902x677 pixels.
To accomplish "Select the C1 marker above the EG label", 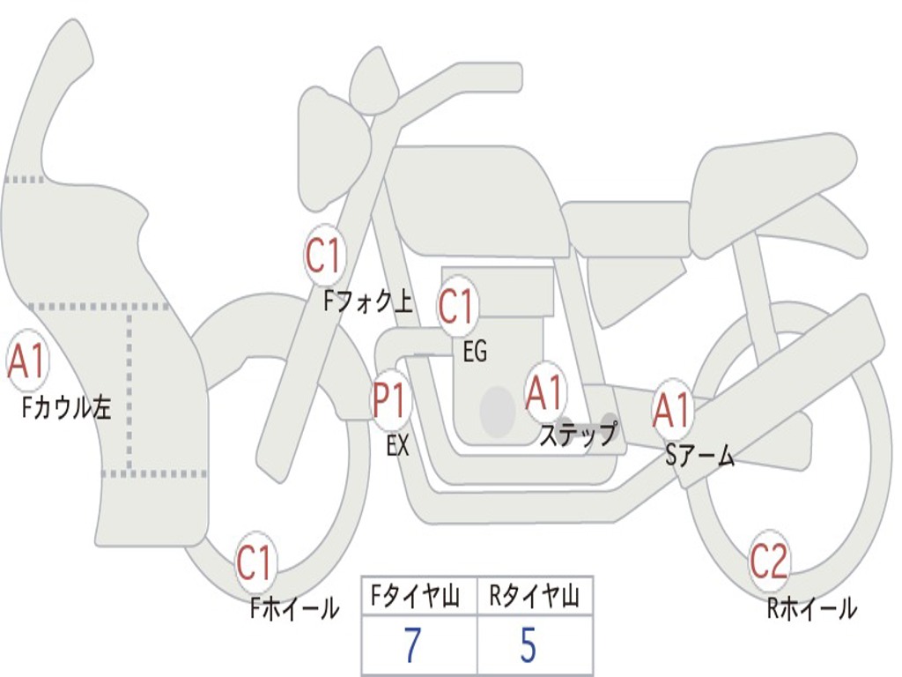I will click(x=456, y=307).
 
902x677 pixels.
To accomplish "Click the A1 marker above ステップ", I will click(x=544, y=392).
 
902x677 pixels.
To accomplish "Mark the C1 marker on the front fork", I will click(x=323, y=256).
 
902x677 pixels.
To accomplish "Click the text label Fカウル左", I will click(x=68, y=407).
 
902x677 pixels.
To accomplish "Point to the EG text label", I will click(x=474, y=353).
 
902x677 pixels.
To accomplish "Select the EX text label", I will click(x=398, y=446).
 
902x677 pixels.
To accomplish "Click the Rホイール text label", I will click(x=811, y=608).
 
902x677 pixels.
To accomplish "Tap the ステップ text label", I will click(x=577, y=435).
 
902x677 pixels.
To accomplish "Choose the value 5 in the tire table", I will click(x=528, y=646).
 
